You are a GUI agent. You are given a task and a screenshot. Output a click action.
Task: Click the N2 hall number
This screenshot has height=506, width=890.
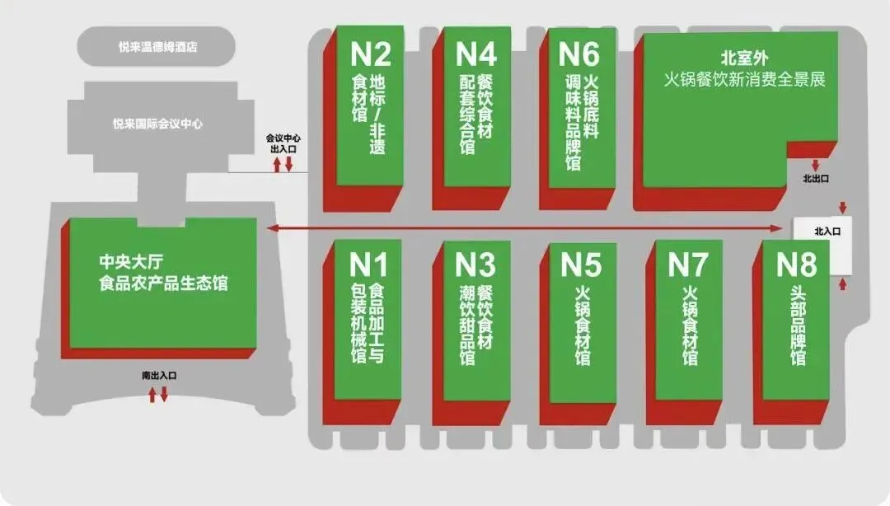371,54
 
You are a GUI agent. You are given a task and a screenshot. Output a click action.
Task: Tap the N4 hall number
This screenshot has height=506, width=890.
476,54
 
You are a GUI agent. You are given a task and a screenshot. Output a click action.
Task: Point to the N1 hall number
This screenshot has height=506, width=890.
368,265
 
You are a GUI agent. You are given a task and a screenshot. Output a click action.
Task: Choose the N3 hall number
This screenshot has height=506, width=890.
476,265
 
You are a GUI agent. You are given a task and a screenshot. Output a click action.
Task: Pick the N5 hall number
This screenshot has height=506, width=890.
582,265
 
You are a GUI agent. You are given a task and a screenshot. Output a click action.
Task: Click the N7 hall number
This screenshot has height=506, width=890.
687,265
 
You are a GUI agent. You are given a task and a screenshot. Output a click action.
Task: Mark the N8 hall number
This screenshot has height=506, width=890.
796,265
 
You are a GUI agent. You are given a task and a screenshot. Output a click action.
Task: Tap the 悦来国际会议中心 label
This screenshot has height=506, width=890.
157,124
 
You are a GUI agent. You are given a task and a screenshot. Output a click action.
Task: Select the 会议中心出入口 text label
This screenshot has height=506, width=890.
282,143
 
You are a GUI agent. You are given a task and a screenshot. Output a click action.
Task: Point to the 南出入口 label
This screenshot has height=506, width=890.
159,376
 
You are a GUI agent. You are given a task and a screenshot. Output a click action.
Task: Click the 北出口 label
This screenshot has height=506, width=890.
816,178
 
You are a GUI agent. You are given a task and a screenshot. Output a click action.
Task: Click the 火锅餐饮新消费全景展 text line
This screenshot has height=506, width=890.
745,80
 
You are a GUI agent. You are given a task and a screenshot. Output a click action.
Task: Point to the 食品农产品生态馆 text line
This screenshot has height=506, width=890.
162,283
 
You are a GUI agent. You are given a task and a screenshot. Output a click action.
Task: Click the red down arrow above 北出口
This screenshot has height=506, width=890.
816,165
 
